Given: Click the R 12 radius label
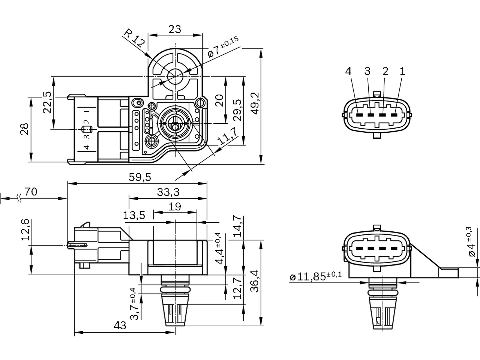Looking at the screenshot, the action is (x=134, y=39).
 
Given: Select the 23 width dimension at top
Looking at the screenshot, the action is (x=175, y=29).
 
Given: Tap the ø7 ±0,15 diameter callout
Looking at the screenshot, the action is (x=223, y=47).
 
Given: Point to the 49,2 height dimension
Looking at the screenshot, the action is (x=255, y=103).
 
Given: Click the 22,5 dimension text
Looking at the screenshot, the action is (x=47, y=102).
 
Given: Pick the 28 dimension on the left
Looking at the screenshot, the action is (x=25, y=129).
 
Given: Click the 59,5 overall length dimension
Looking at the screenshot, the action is (x=140, y=177).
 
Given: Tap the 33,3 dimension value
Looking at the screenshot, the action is (x=168, y=192).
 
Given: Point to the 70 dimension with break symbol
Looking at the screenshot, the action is (x=31, y=192).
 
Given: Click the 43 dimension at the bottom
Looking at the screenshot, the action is (x=120, y=325).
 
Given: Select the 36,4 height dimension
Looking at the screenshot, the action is (x=255, y=281).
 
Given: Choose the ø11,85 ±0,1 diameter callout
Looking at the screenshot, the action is (x=315, y=276).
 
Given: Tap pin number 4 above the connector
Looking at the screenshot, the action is (x=348, y=71).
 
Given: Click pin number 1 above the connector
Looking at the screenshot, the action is (x=402, y=71).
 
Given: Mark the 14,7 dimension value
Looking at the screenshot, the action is (x=237, y=226).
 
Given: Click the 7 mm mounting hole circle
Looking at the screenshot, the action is (x=175, y=76).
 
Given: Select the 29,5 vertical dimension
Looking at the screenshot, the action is (x=237, y=110).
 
